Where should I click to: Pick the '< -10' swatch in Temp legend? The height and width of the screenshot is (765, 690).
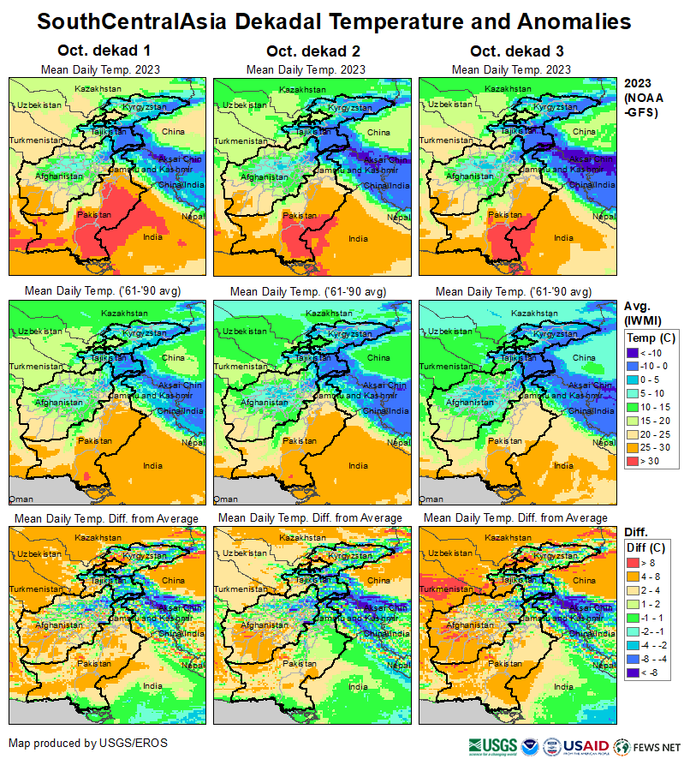635,353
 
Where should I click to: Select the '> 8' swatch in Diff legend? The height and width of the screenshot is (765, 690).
635,563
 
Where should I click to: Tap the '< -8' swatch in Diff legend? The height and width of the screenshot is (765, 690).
635,672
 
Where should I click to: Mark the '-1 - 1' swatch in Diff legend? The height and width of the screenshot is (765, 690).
635,618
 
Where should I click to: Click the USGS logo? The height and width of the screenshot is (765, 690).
492,745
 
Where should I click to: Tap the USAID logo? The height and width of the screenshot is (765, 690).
586,745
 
